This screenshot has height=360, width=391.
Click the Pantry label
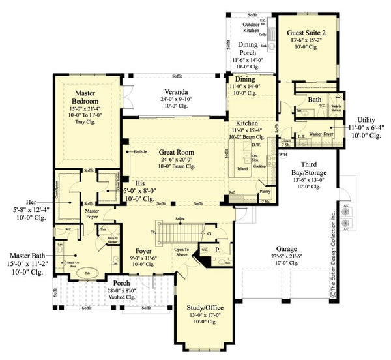pyautogui.click(x=265, y=192)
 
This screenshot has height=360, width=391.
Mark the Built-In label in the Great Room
pyautogui.click(x=140, y=151)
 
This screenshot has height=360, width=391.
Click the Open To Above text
pyautogui.click(x=181, y=252)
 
